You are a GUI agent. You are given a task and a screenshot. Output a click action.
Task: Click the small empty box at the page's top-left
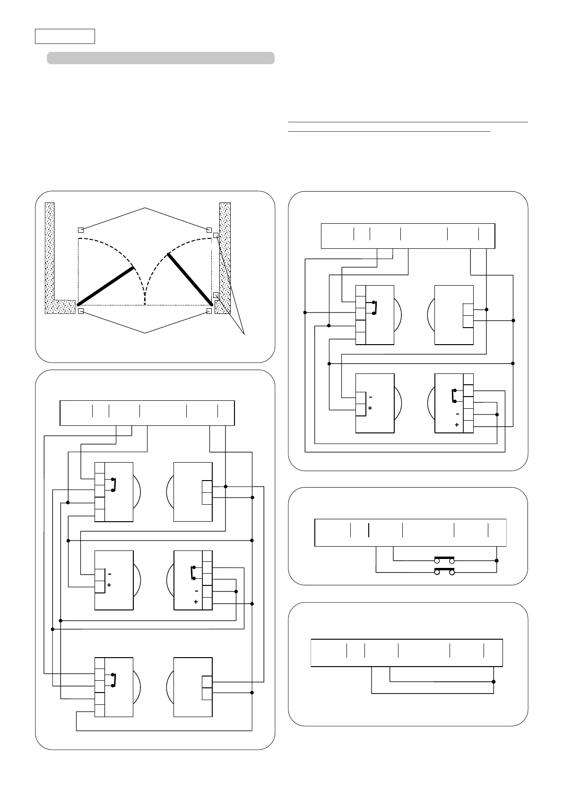(x=65, y=36)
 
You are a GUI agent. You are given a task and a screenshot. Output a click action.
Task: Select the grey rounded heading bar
(x=161, y=58)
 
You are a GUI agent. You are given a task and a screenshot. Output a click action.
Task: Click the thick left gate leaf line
(x=106, y=286)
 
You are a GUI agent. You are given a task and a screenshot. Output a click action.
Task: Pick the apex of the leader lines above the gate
(x=145, y=208)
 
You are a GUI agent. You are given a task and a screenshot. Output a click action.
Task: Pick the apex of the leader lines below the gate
(x=145, y=333)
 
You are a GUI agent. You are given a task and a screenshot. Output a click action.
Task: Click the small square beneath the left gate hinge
(x=81, y=312)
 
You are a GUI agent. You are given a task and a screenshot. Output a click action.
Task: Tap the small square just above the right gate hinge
(x=216, y=295)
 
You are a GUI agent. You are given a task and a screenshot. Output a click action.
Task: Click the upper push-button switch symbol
(x=444, y=560)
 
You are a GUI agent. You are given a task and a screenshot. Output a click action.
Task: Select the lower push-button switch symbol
(x=444, y=572)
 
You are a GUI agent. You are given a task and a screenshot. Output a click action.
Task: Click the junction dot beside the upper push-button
(x=496, y=561)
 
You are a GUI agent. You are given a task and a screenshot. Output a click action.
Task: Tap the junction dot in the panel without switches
(x=494, y=682)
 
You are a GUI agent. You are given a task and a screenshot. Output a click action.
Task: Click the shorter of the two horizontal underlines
(x=389, y=132)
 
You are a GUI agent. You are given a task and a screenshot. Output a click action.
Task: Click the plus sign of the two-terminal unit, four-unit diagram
(x=370, y=408)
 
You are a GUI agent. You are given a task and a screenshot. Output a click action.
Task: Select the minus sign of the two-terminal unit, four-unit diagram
(x=370, y=397)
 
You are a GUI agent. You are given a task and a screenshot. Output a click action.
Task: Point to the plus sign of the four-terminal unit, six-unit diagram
(x=196, y=602)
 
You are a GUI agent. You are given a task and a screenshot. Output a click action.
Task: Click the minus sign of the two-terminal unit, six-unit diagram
(x=109, y=574)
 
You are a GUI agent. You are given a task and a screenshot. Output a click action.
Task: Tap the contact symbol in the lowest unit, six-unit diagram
(x=113, y=680)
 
